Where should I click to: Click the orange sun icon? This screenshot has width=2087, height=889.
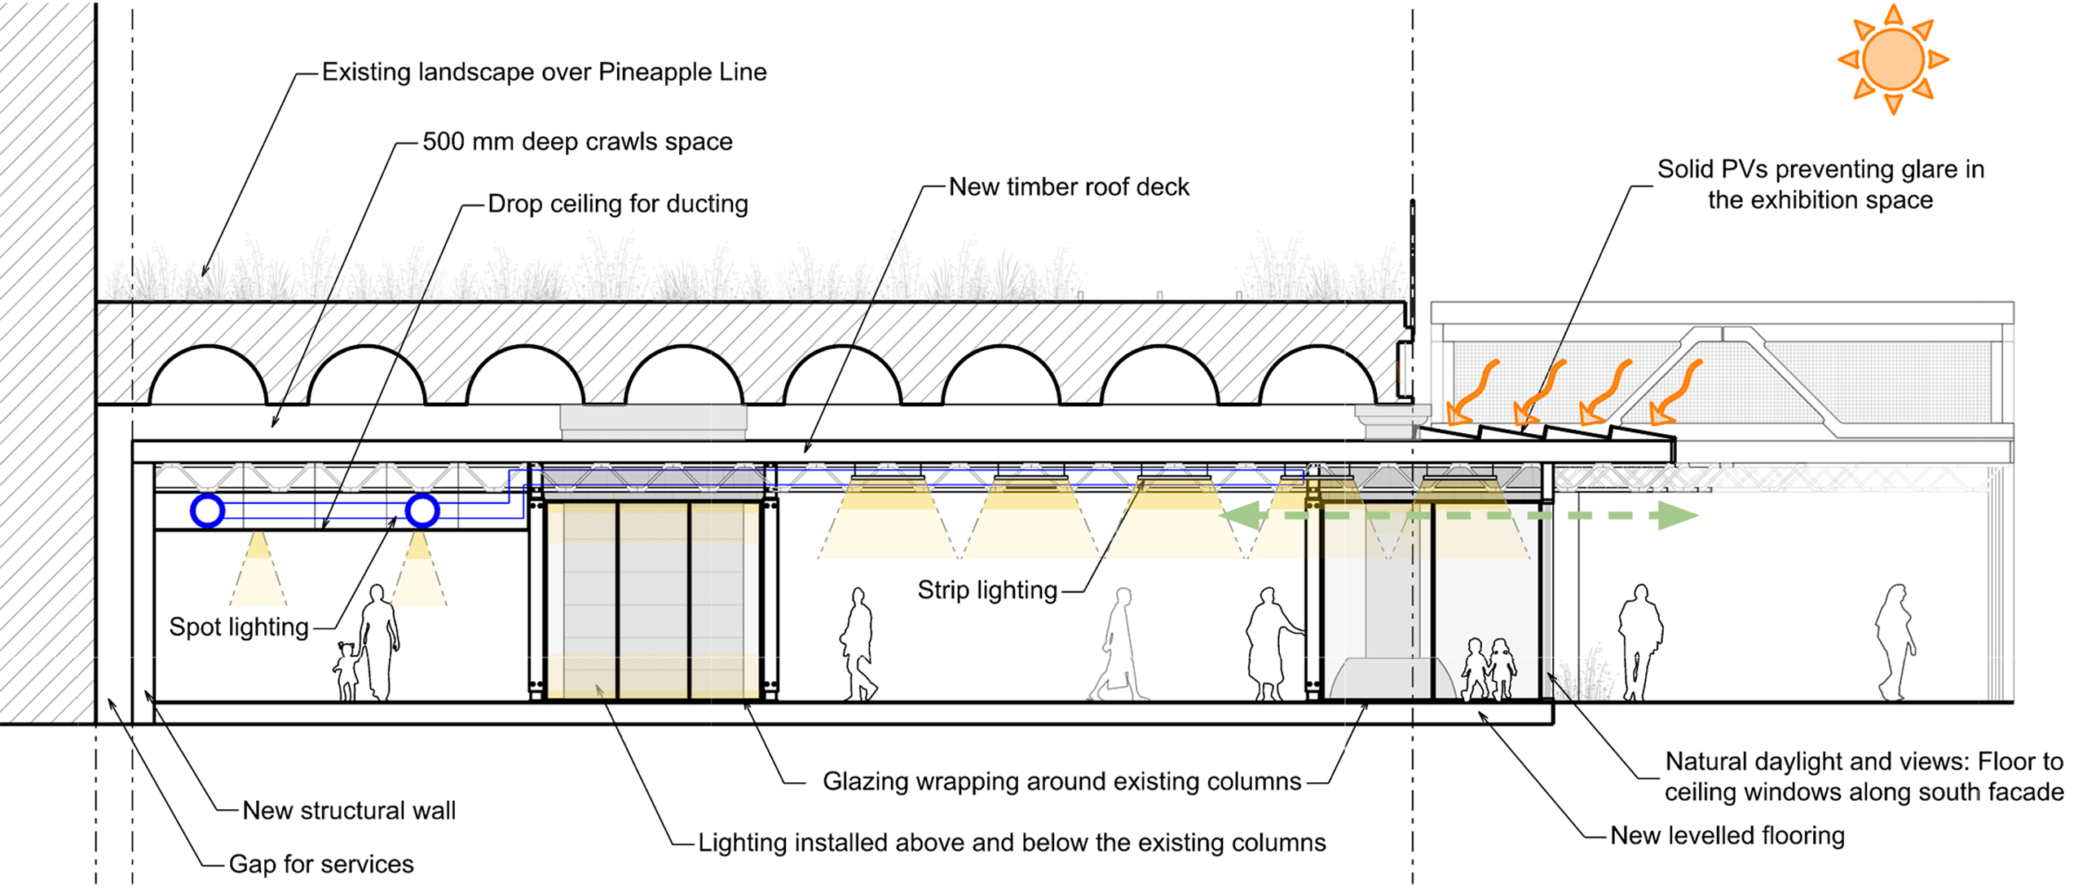point(1893,59)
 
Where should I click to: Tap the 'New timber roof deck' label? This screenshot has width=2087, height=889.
point(1069,187)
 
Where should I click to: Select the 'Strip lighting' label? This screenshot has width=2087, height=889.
point(987,590)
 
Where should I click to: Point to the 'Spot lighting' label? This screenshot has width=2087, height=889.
point(239,626)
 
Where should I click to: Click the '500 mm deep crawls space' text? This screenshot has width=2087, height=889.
point(577,142)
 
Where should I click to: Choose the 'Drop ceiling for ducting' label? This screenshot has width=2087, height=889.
point(618,203)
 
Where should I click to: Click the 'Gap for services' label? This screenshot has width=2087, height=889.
point(321,864)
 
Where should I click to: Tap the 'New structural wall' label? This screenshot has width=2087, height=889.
point(349,810)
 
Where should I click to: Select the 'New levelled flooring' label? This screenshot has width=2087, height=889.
point(1727,835)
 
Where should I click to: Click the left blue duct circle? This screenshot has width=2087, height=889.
point(208,511)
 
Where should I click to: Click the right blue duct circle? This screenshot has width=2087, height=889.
point(422,511)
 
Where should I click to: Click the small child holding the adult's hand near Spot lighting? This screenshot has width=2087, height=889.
point(346,670)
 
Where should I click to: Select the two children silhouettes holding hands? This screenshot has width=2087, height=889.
point(1489,669)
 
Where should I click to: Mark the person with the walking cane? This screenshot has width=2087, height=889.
point(1269,644)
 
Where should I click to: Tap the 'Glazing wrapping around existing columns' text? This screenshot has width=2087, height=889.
point(1061,781)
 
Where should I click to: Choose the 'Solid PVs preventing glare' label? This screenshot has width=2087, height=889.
point(1820,184)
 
